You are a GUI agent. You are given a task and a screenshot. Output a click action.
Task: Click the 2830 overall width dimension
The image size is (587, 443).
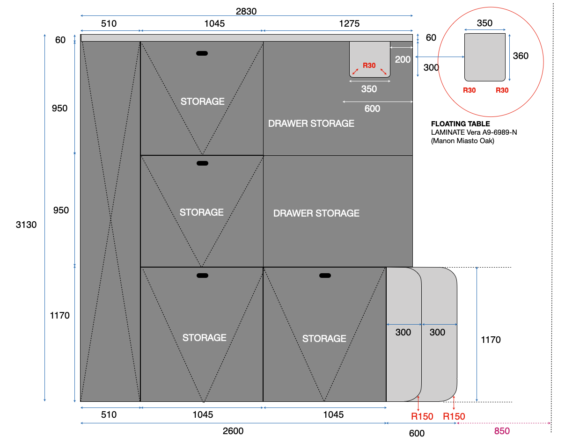[x=246, y=11]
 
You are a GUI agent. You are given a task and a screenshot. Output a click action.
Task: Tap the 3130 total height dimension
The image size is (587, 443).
[x=26, y=225]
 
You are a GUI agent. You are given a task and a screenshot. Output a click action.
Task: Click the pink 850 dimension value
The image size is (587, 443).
[x=502, y=431]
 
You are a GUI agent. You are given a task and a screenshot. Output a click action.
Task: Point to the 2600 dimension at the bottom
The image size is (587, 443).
[x=233, y=431]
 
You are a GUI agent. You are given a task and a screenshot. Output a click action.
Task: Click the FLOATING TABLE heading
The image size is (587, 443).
[x=460, y=124]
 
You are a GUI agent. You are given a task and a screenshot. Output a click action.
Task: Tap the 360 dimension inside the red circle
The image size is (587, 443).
[x=521, y=56]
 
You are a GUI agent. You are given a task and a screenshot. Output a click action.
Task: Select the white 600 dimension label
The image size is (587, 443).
[x=372, y=109]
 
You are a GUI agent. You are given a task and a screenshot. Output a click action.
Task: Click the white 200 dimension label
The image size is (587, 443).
[x=403, y=59]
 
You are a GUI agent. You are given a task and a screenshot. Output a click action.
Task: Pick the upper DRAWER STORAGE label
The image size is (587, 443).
[x=311, y=123]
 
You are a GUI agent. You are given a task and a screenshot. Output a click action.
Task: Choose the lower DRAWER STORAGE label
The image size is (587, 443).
[x=316, y=213]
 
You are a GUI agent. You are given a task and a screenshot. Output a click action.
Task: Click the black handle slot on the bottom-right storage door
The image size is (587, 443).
[x=325, y=276]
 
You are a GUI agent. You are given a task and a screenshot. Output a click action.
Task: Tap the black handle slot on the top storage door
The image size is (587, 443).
[x=202, y=53]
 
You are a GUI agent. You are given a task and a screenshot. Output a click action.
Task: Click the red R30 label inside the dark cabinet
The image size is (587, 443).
[x=369, y=65]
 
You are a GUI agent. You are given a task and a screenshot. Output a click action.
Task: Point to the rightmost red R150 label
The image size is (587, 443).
[x=454, y=416]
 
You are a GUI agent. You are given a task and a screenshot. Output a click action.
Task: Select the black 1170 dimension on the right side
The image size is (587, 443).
[x=491, y=340]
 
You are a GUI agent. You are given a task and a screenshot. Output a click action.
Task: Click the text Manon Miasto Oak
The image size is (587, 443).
[x=462, y=140]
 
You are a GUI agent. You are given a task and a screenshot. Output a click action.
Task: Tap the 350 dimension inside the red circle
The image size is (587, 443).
[x=484, y=23]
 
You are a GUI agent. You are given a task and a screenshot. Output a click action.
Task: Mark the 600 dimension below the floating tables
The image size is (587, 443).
[x=417, y=434]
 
